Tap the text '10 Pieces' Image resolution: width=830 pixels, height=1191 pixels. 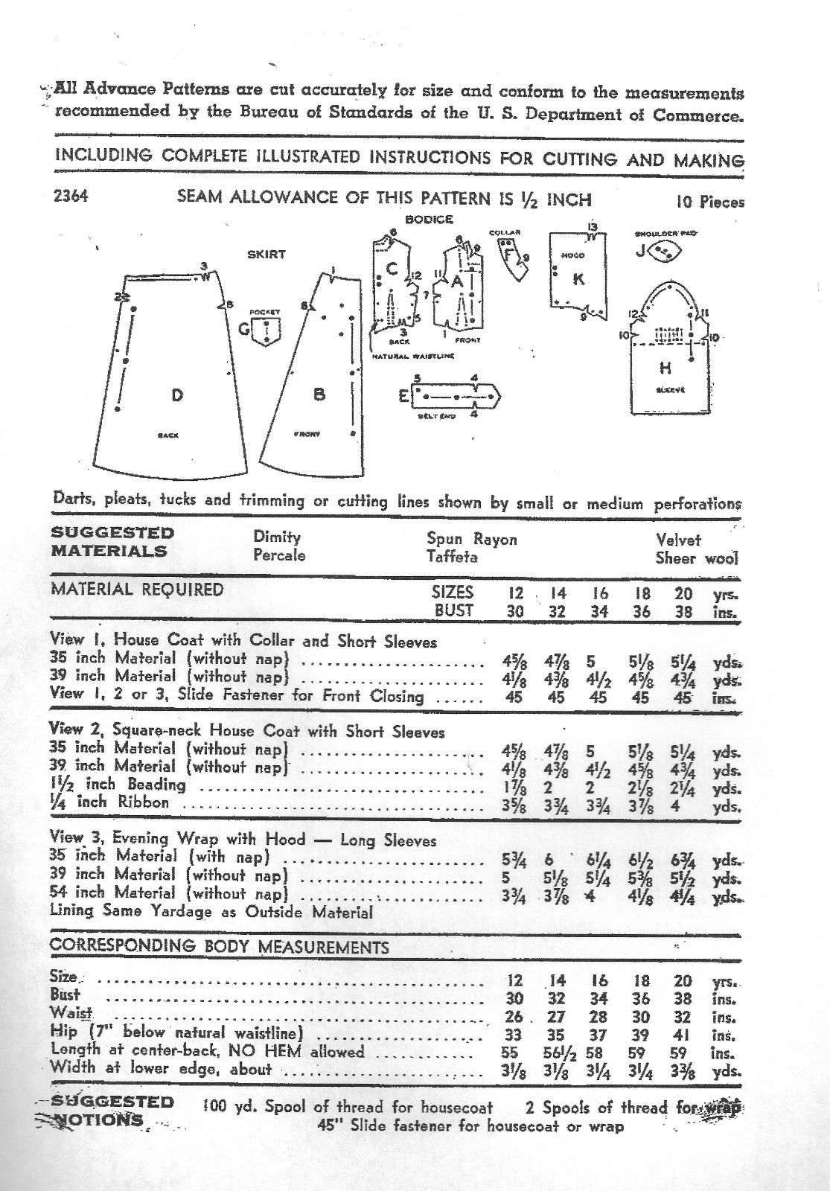(710, 202)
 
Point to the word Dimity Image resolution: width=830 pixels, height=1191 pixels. (276, 537)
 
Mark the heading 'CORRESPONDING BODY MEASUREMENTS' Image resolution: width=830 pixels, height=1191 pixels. (219, 948)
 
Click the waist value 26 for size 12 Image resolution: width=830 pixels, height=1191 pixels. (514, 1017)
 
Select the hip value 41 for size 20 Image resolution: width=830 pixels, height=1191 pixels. (683, 1035)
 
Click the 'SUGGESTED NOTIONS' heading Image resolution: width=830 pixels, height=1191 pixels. (112, 1111)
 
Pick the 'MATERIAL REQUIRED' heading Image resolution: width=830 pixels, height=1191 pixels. (136, 590)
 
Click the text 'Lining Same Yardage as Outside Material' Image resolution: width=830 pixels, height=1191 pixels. (211, 912)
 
